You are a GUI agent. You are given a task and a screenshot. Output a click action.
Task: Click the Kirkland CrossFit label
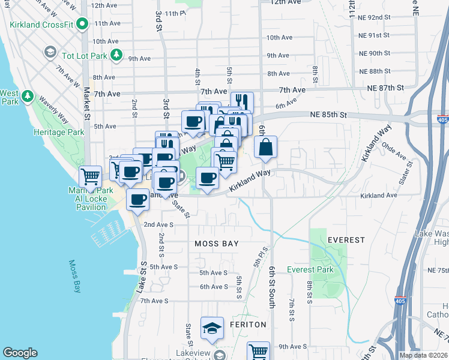(x=41, y=25)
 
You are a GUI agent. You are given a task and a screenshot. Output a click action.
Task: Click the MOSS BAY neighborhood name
(x=217, y=244)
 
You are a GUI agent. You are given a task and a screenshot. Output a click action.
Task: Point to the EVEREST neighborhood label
(x=346, y=239)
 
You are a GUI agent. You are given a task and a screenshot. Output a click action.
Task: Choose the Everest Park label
(x=310, y=269)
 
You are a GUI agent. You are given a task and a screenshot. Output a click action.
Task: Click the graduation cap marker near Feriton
(x=212, y=329)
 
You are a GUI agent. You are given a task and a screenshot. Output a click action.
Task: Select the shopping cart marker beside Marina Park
(x=90, y=177)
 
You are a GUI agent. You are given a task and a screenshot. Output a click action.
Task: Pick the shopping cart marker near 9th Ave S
(x=259, y=352)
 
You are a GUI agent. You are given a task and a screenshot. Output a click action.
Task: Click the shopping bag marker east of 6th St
(x=265, y=147)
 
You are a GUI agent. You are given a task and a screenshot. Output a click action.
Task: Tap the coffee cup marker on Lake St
(x=139, y=199)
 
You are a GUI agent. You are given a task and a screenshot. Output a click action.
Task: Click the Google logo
(x=20, y=353)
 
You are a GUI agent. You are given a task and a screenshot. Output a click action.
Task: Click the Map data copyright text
(x=424, y=355)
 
